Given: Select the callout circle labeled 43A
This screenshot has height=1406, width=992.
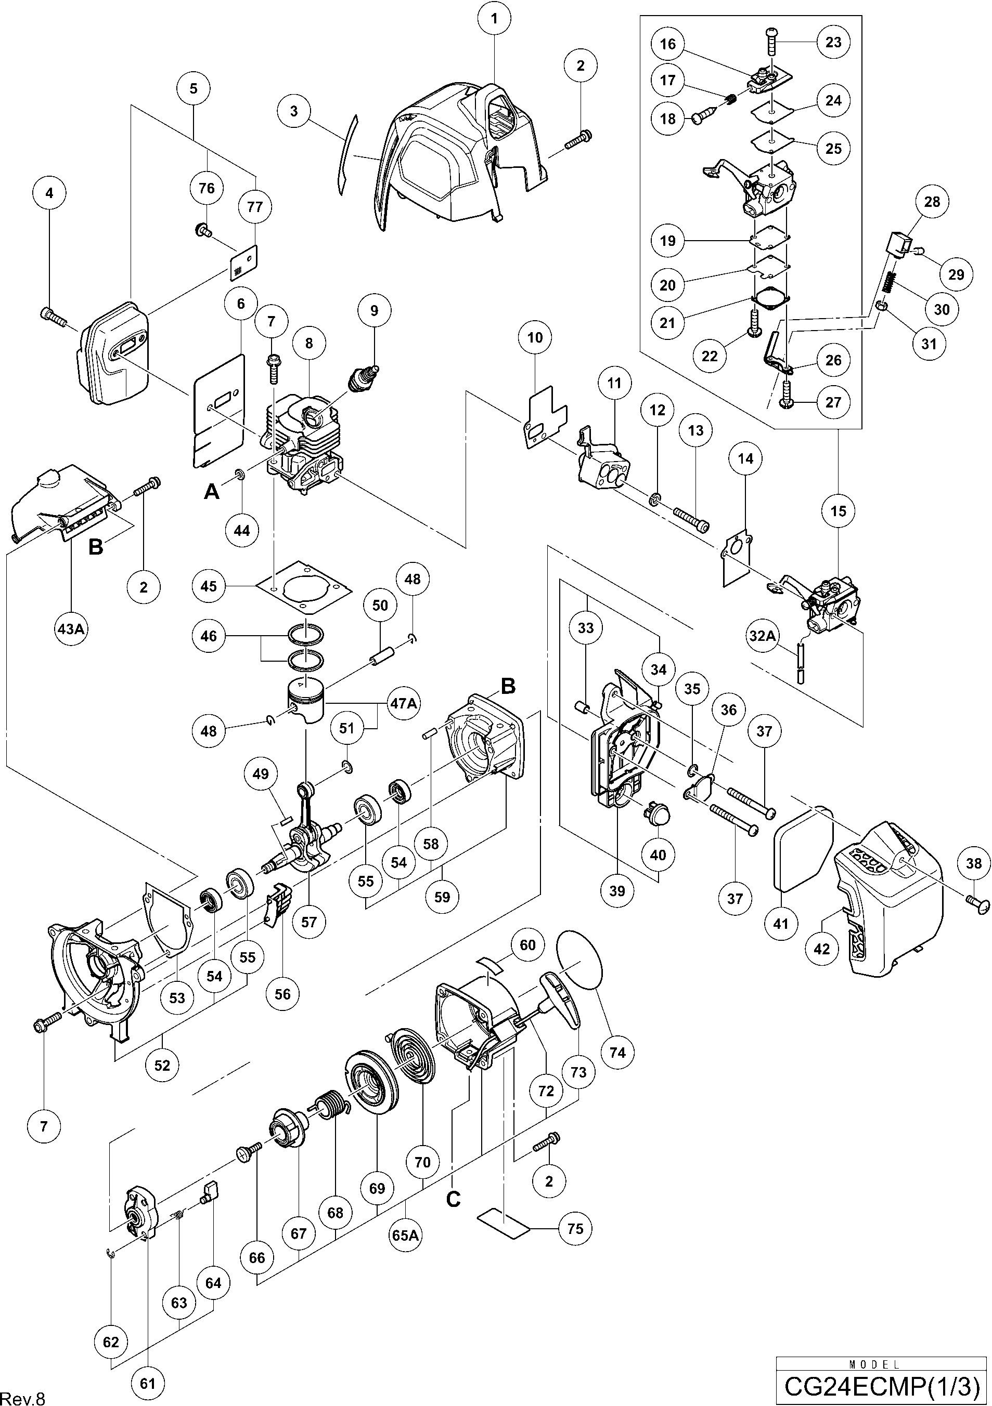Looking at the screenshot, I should pyautogui.click(x=70, y=628).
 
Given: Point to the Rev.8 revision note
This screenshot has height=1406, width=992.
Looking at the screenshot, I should pyautogui.click(x=23, y=1397).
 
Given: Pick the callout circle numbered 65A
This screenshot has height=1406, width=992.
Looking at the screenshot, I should pyautogui.click(x=405, y=1235).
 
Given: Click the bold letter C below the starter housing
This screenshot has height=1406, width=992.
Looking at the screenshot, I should pyautogui.click(x=454, y=1199).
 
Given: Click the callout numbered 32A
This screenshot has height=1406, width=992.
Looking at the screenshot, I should pyautogui.click(x=762, y=636).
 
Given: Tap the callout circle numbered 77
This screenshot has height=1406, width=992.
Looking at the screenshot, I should pyautogui.click(x=254, y=207).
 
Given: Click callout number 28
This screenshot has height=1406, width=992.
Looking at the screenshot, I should pyautogui.click(x=931, y=202).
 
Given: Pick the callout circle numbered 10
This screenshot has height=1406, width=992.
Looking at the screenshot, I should pyautogui.click(x=535, y=337).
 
